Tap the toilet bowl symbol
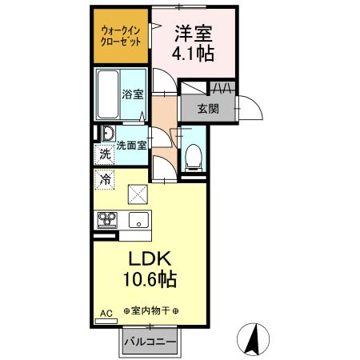[x=192, y=158]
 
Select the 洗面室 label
[x=131, y=146]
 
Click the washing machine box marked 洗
[x=104, y=154]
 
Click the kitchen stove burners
[x=107, y=218]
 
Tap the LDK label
[x=148, y=261]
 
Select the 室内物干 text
[x=150, y=310]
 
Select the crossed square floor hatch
[x=138, y=193]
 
